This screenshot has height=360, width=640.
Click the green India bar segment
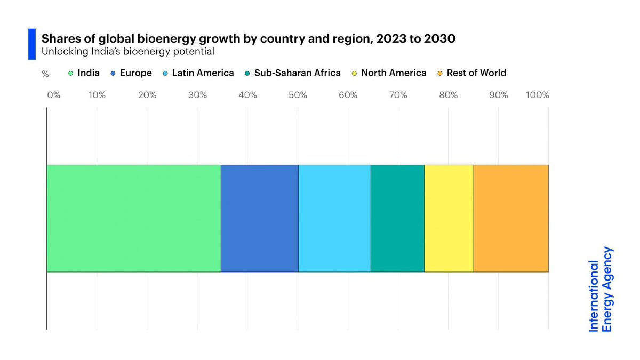[133, 219]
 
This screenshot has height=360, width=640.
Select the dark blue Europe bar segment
[259, 219]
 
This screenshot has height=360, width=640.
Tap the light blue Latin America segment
[334, 219]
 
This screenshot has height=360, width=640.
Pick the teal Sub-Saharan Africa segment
[397, 219]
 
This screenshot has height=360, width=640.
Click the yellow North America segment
[449, 219]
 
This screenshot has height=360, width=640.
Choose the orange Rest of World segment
[511, 219]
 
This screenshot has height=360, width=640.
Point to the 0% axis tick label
[53, 95]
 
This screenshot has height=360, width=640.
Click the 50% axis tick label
[298, 95]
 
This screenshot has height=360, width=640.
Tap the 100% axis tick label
[537, 95]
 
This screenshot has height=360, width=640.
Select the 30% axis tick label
[197, 95]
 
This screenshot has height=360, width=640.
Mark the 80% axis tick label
[449, 95]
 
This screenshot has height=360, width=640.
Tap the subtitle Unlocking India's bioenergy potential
[128, 52]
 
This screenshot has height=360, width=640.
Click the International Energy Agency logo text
[601, 290]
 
